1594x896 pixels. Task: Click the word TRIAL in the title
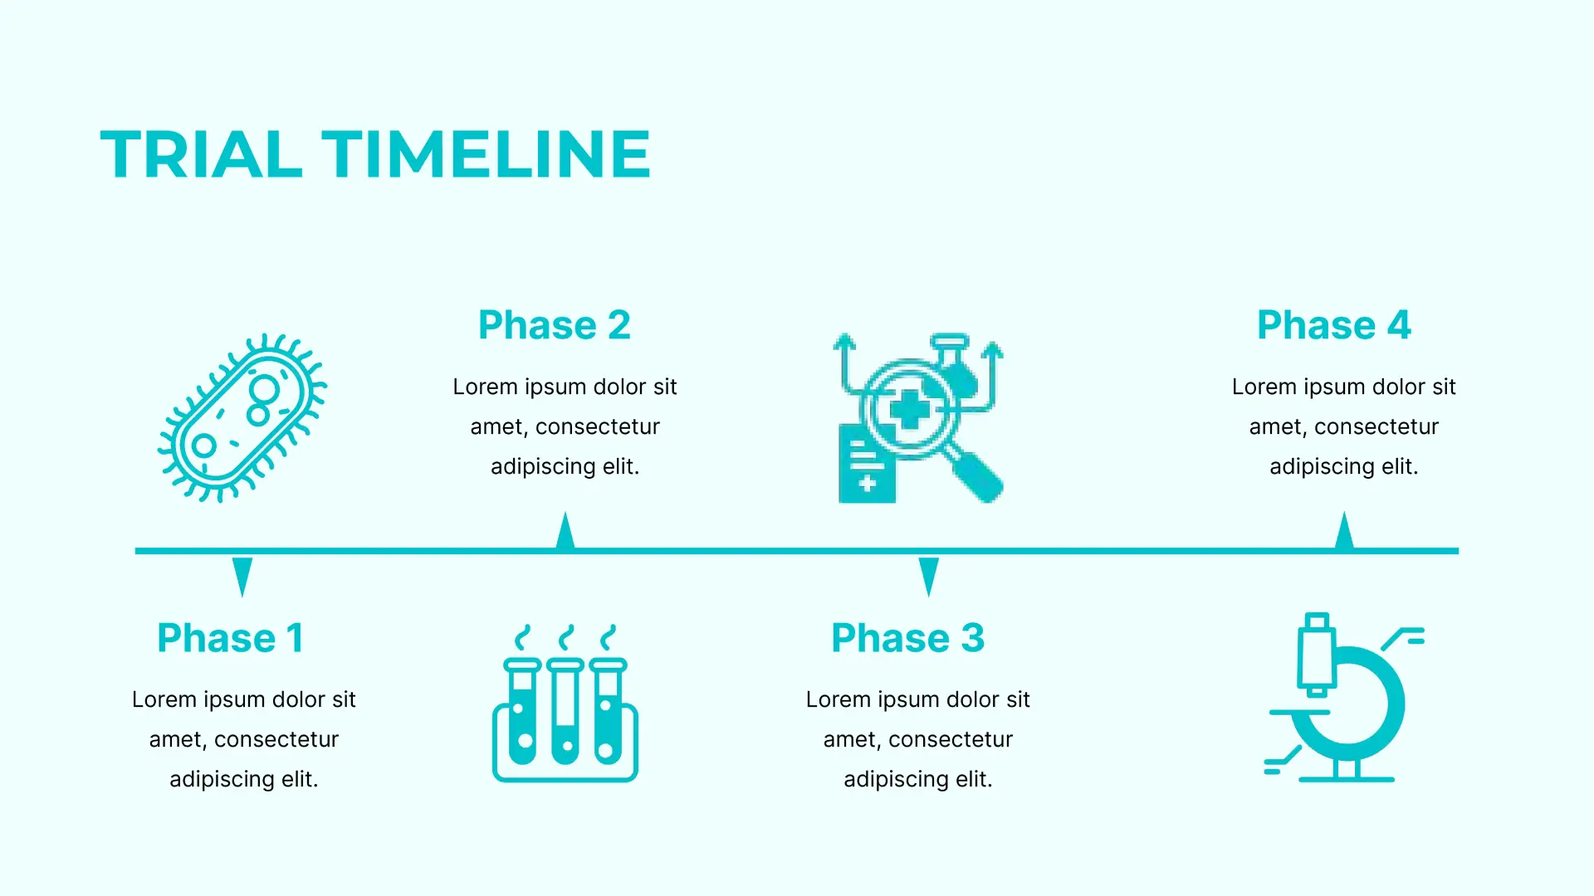pyautogui.click(x=201, y=154)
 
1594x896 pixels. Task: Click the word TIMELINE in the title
pyautogui.click(x=487, y=154)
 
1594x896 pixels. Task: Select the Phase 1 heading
pyautogui.click(x=230, y=638)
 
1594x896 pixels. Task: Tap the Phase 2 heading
pyautogui.click(x=555, y=325)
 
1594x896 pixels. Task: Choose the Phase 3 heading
pyautogui.click(x=908, y=638)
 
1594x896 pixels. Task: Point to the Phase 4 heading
pyautogui.click(x=1334, y=325)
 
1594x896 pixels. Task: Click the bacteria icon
pyautogui.click(x=242, y=417)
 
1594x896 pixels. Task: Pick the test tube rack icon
pyautogui.click(x=565, y=703)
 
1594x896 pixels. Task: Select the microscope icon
pyautogui.click(x=1344, y=698)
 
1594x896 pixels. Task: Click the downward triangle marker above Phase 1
pyautogui.click(x=242, y=574)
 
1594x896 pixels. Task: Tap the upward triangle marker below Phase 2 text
pyautogui.click(x=565, y=531)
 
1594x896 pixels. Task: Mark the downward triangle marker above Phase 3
pyautogui.click(x=929, y=574)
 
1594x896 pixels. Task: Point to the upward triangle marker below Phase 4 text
pyautogui.click(x=1344, y=531)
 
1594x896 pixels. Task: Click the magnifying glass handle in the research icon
pyautogui.click(x=976, y=476)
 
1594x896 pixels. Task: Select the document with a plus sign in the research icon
pyautogui.click(x=867, y=465)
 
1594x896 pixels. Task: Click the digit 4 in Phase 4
pyautogui.click(x=1399, y=325)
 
